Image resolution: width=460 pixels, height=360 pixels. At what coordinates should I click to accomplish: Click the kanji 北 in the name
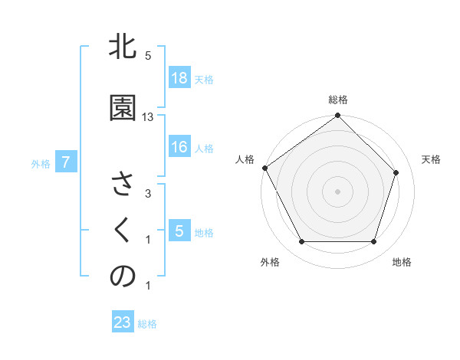[123, 48]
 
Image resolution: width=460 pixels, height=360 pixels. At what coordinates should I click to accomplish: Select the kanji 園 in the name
[123, 108]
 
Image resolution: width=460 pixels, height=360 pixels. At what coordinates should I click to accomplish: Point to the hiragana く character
[123, 231]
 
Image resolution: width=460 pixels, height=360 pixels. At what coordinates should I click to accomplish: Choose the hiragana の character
[123, 277]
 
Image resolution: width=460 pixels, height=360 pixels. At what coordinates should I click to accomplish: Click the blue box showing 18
[179, 78]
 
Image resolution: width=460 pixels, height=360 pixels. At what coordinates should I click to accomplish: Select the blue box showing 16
[179, 148]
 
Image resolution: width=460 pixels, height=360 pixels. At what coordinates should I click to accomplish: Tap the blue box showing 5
[179, 231]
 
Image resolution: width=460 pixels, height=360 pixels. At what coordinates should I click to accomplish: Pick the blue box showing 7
[66, 162]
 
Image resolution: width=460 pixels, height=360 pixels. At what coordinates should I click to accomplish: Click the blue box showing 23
[123, 322]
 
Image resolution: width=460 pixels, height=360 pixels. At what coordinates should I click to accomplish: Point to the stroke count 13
[148, 116]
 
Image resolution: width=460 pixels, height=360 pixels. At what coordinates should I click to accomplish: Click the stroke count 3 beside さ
[148, 194]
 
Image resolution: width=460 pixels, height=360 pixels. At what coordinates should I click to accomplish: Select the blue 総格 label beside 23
[147, 324]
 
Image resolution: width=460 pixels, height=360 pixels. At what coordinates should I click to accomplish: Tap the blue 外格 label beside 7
[41, 163]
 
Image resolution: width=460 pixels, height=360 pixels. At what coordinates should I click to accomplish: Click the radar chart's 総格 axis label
[338, 100]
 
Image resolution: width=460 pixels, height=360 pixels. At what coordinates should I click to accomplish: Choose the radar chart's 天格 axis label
[431, 159]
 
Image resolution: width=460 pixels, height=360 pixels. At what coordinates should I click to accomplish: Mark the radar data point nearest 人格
[264, 168]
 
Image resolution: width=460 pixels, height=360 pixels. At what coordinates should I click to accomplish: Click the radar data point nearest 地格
[374, 242]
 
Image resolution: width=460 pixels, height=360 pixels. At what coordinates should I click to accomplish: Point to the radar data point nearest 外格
[301, 242]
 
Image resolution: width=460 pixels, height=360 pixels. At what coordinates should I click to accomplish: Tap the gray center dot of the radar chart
[338, 191]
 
